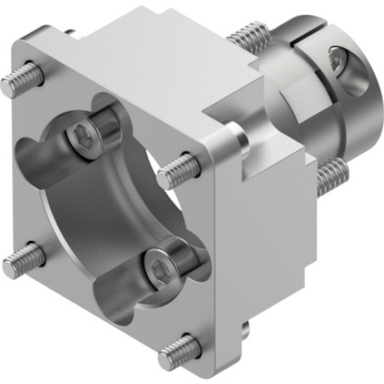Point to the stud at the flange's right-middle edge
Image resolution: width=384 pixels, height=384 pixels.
pyautogui.click(x=179, y=170)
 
